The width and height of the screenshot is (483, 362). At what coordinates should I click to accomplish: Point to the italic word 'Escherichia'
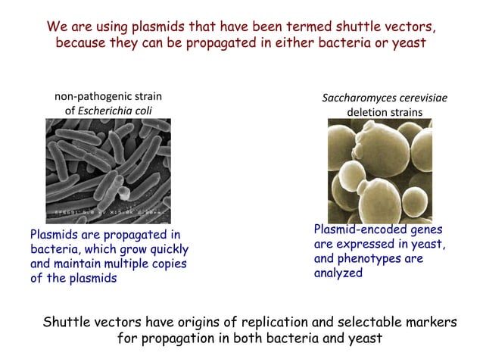pos(111,110)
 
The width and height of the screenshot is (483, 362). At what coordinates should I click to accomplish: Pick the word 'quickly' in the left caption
pos(164,249)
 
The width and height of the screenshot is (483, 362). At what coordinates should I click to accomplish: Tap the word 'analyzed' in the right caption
pos(338,273)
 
